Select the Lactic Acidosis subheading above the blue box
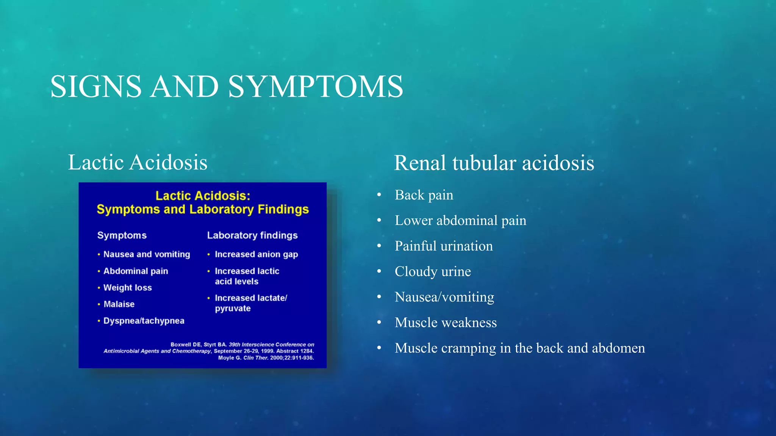pyautogui.click(x=138, y=162)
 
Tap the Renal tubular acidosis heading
pyautogui.click(x=494, y=163)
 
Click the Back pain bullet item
pyautogui.click(x=424, y=195)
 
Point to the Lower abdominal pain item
pyautogui.click(x=460, y=220)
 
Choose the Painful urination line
pyautogui.click(x=443, y=246)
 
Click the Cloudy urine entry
pyautogui.click(x=432, y=271)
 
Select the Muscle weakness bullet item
pyautogui.click(x=445, y=322)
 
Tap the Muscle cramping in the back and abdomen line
pyautogui.click(x=519, y=348)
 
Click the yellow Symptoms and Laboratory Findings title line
pyautogui.click(x=203, y=209)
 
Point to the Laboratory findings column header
pyautogui.click(x=252, y=235)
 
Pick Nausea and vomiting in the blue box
pyautogui.click(x=146, y=254)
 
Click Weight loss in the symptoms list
pyautogui.click(x=127, y=288)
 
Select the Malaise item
pyautogui.click(x=119, y=304)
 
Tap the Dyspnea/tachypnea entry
pyautogui.click(x=144, y=321)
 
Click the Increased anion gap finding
pyautogui.click(x=256, y=254)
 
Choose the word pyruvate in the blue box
pyautogui.click(x=233, y=308)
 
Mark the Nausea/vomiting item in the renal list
pyautogui.click(x=444, y=297)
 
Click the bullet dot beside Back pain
pyautogui.click(x=379, y=195)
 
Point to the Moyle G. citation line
pyautogui.click(x=266, y=358)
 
